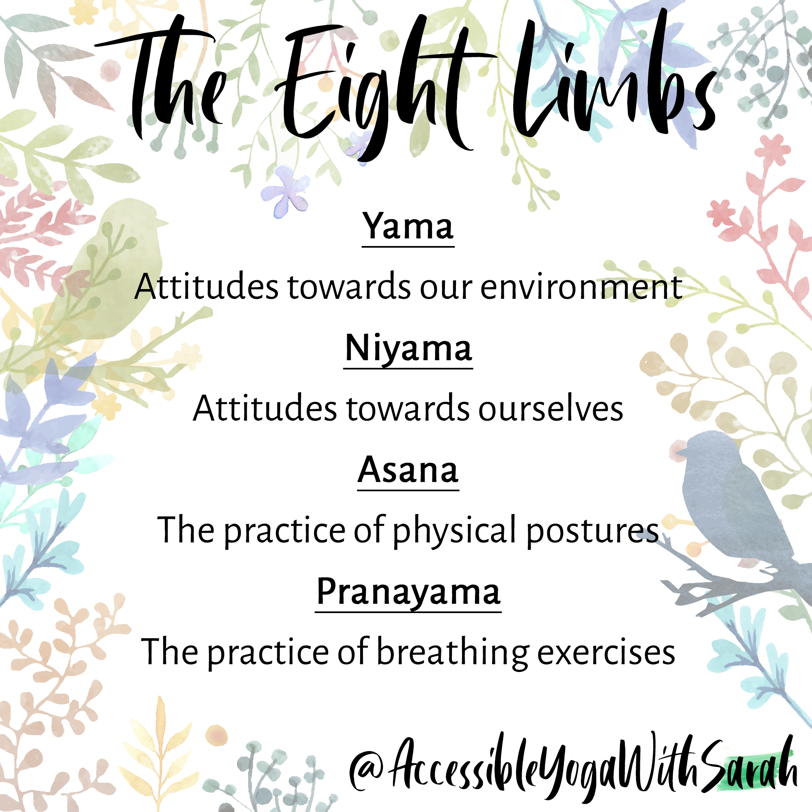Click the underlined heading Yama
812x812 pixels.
(x=408, y=227)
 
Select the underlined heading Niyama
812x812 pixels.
(x=408, y=349)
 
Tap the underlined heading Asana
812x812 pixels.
(x=408, y=471)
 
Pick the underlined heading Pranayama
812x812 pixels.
(x=408, y=592)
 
